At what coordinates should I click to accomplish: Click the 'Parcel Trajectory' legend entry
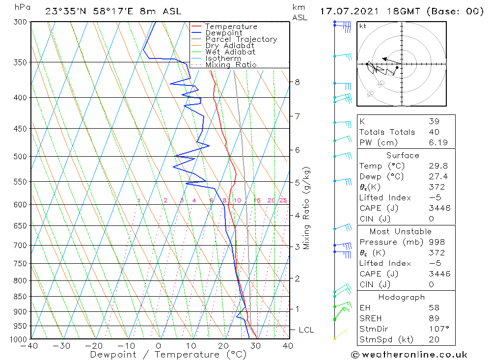coord(241,39)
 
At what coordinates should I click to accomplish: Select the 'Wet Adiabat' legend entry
coord(230,52)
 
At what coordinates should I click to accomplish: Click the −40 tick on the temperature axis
coord(30,346)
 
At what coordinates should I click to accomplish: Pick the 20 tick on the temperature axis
coord(223,346)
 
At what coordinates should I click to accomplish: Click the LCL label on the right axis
coord(306,330)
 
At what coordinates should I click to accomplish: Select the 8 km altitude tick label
coord(298,82)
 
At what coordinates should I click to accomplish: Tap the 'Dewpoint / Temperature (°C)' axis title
coord(168,355)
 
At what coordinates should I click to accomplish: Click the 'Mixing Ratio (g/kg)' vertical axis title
coord(307,208)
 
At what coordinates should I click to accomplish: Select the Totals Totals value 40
coord(434,132)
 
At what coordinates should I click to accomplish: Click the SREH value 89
coord(434,318)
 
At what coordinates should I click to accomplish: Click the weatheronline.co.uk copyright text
coord(409,355)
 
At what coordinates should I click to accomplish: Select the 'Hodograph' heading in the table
coord(402,297)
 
